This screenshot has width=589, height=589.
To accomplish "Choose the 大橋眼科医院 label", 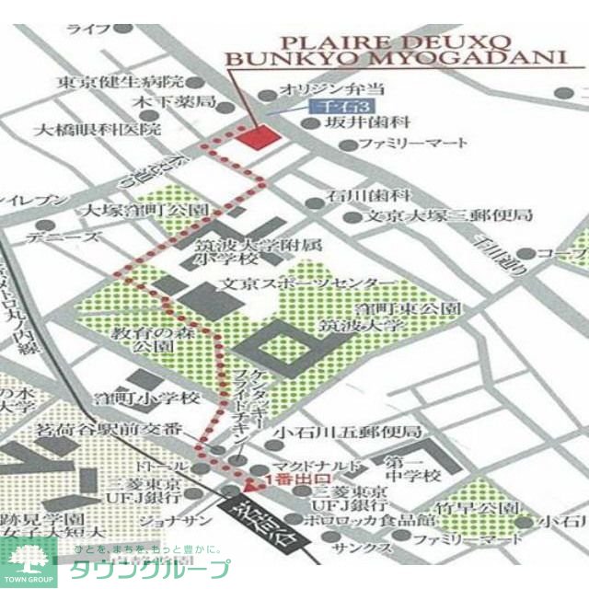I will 97,130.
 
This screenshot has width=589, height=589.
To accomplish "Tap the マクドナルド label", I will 318,466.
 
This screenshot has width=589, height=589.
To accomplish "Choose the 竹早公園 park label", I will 481,508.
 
